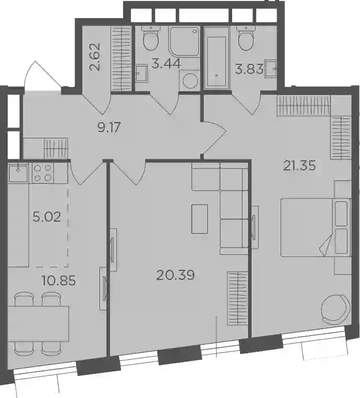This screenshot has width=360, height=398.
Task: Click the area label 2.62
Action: (x=95, y=57)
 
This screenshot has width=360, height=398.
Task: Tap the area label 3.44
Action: (x=166, y=63)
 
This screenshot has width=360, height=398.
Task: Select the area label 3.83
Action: (x=249, y=69)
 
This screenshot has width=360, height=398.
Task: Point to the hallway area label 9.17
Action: (x=109, y=127)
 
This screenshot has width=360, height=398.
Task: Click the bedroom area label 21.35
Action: (x=299, y=166)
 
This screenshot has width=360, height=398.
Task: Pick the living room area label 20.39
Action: (x=175, y=275)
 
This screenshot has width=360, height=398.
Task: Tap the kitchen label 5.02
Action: (x=47, y=217)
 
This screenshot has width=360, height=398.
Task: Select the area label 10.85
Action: (x=59, y=281)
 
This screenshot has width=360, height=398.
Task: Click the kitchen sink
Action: (x=19, y=172)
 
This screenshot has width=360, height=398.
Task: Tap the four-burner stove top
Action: (x=43, y=173)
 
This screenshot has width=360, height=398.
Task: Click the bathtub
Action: (x=217, y=62)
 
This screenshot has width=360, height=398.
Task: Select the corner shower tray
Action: (x=184, y=41)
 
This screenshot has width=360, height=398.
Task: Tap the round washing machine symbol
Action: (x=190, y=81)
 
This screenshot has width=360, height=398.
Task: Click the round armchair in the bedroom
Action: (x=336, y=309)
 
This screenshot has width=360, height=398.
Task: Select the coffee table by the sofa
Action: (x=200, y=219)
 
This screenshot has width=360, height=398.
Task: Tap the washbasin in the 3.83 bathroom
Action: (x=271, y=69)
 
